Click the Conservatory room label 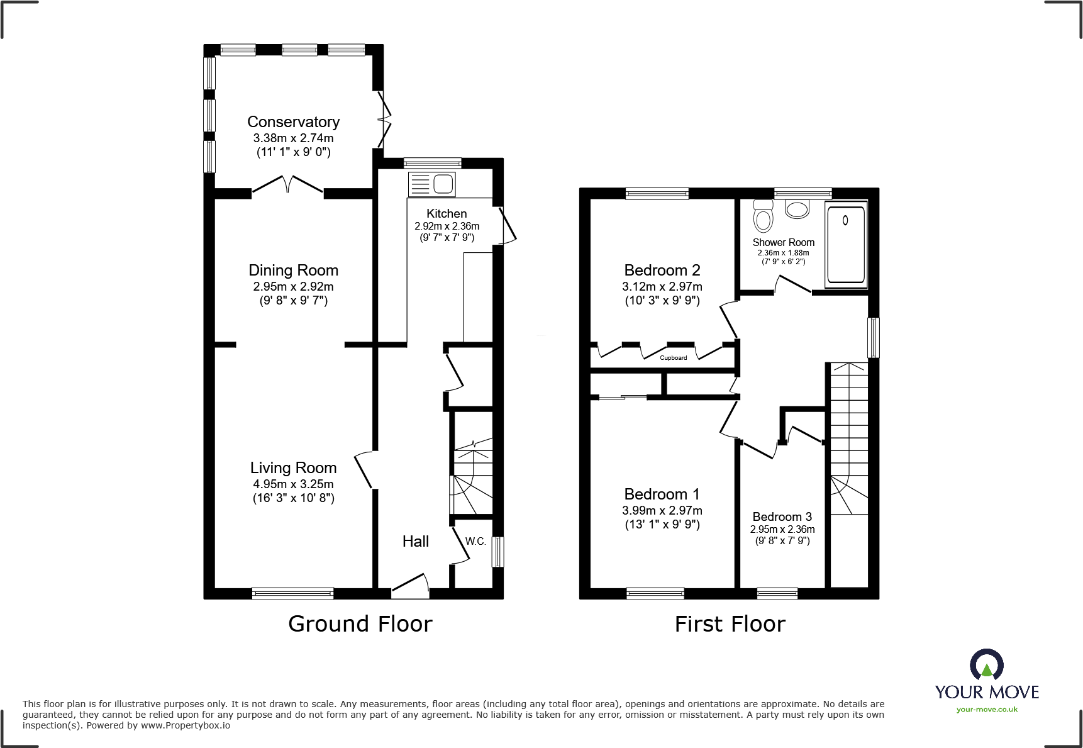pos(293,122)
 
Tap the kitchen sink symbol pos(432,184)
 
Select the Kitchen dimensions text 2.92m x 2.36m pos(447,226)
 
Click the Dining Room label pos(293,271)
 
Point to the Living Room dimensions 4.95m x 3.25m pos(293,484)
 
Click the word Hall pos(415,542)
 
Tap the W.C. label pos(475,542)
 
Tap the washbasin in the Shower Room pos(797,209)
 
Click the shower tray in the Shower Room pos(846,245)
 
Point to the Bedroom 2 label pos(662,271)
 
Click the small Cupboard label pos(673,358)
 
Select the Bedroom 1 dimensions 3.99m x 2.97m pos(662,511)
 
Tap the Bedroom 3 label pos(782,517)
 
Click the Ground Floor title pos(360,624)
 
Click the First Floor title pos(730,624)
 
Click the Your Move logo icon pos(986,664)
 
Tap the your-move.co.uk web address pos(986,710)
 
